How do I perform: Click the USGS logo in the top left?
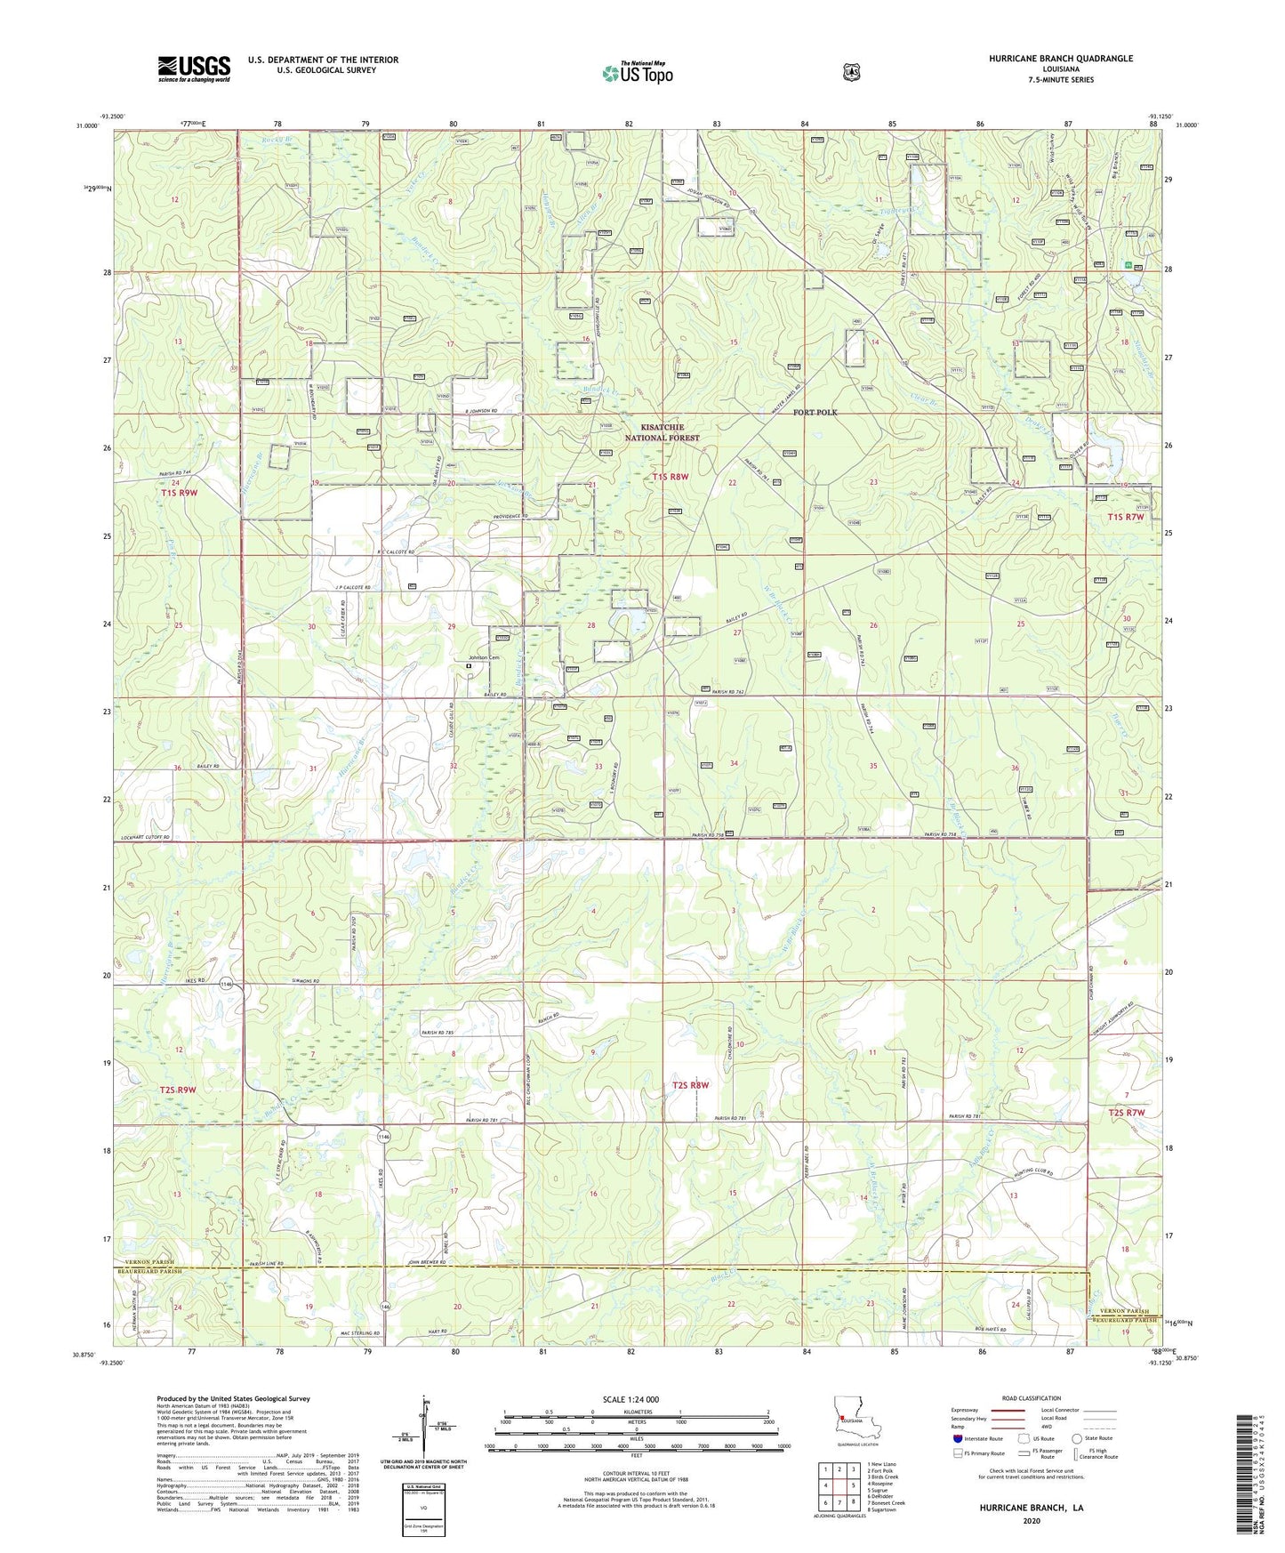pos(194,68)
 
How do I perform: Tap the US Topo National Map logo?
pos(638,73)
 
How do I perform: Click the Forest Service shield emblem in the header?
pos(851,71)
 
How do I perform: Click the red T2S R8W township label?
pos(690,1085)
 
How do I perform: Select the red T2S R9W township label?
pos(178,1090)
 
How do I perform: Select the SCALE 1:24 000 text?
pos(630,1399)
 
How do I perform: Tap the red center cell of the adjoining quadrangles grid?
pos(839,1485)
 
